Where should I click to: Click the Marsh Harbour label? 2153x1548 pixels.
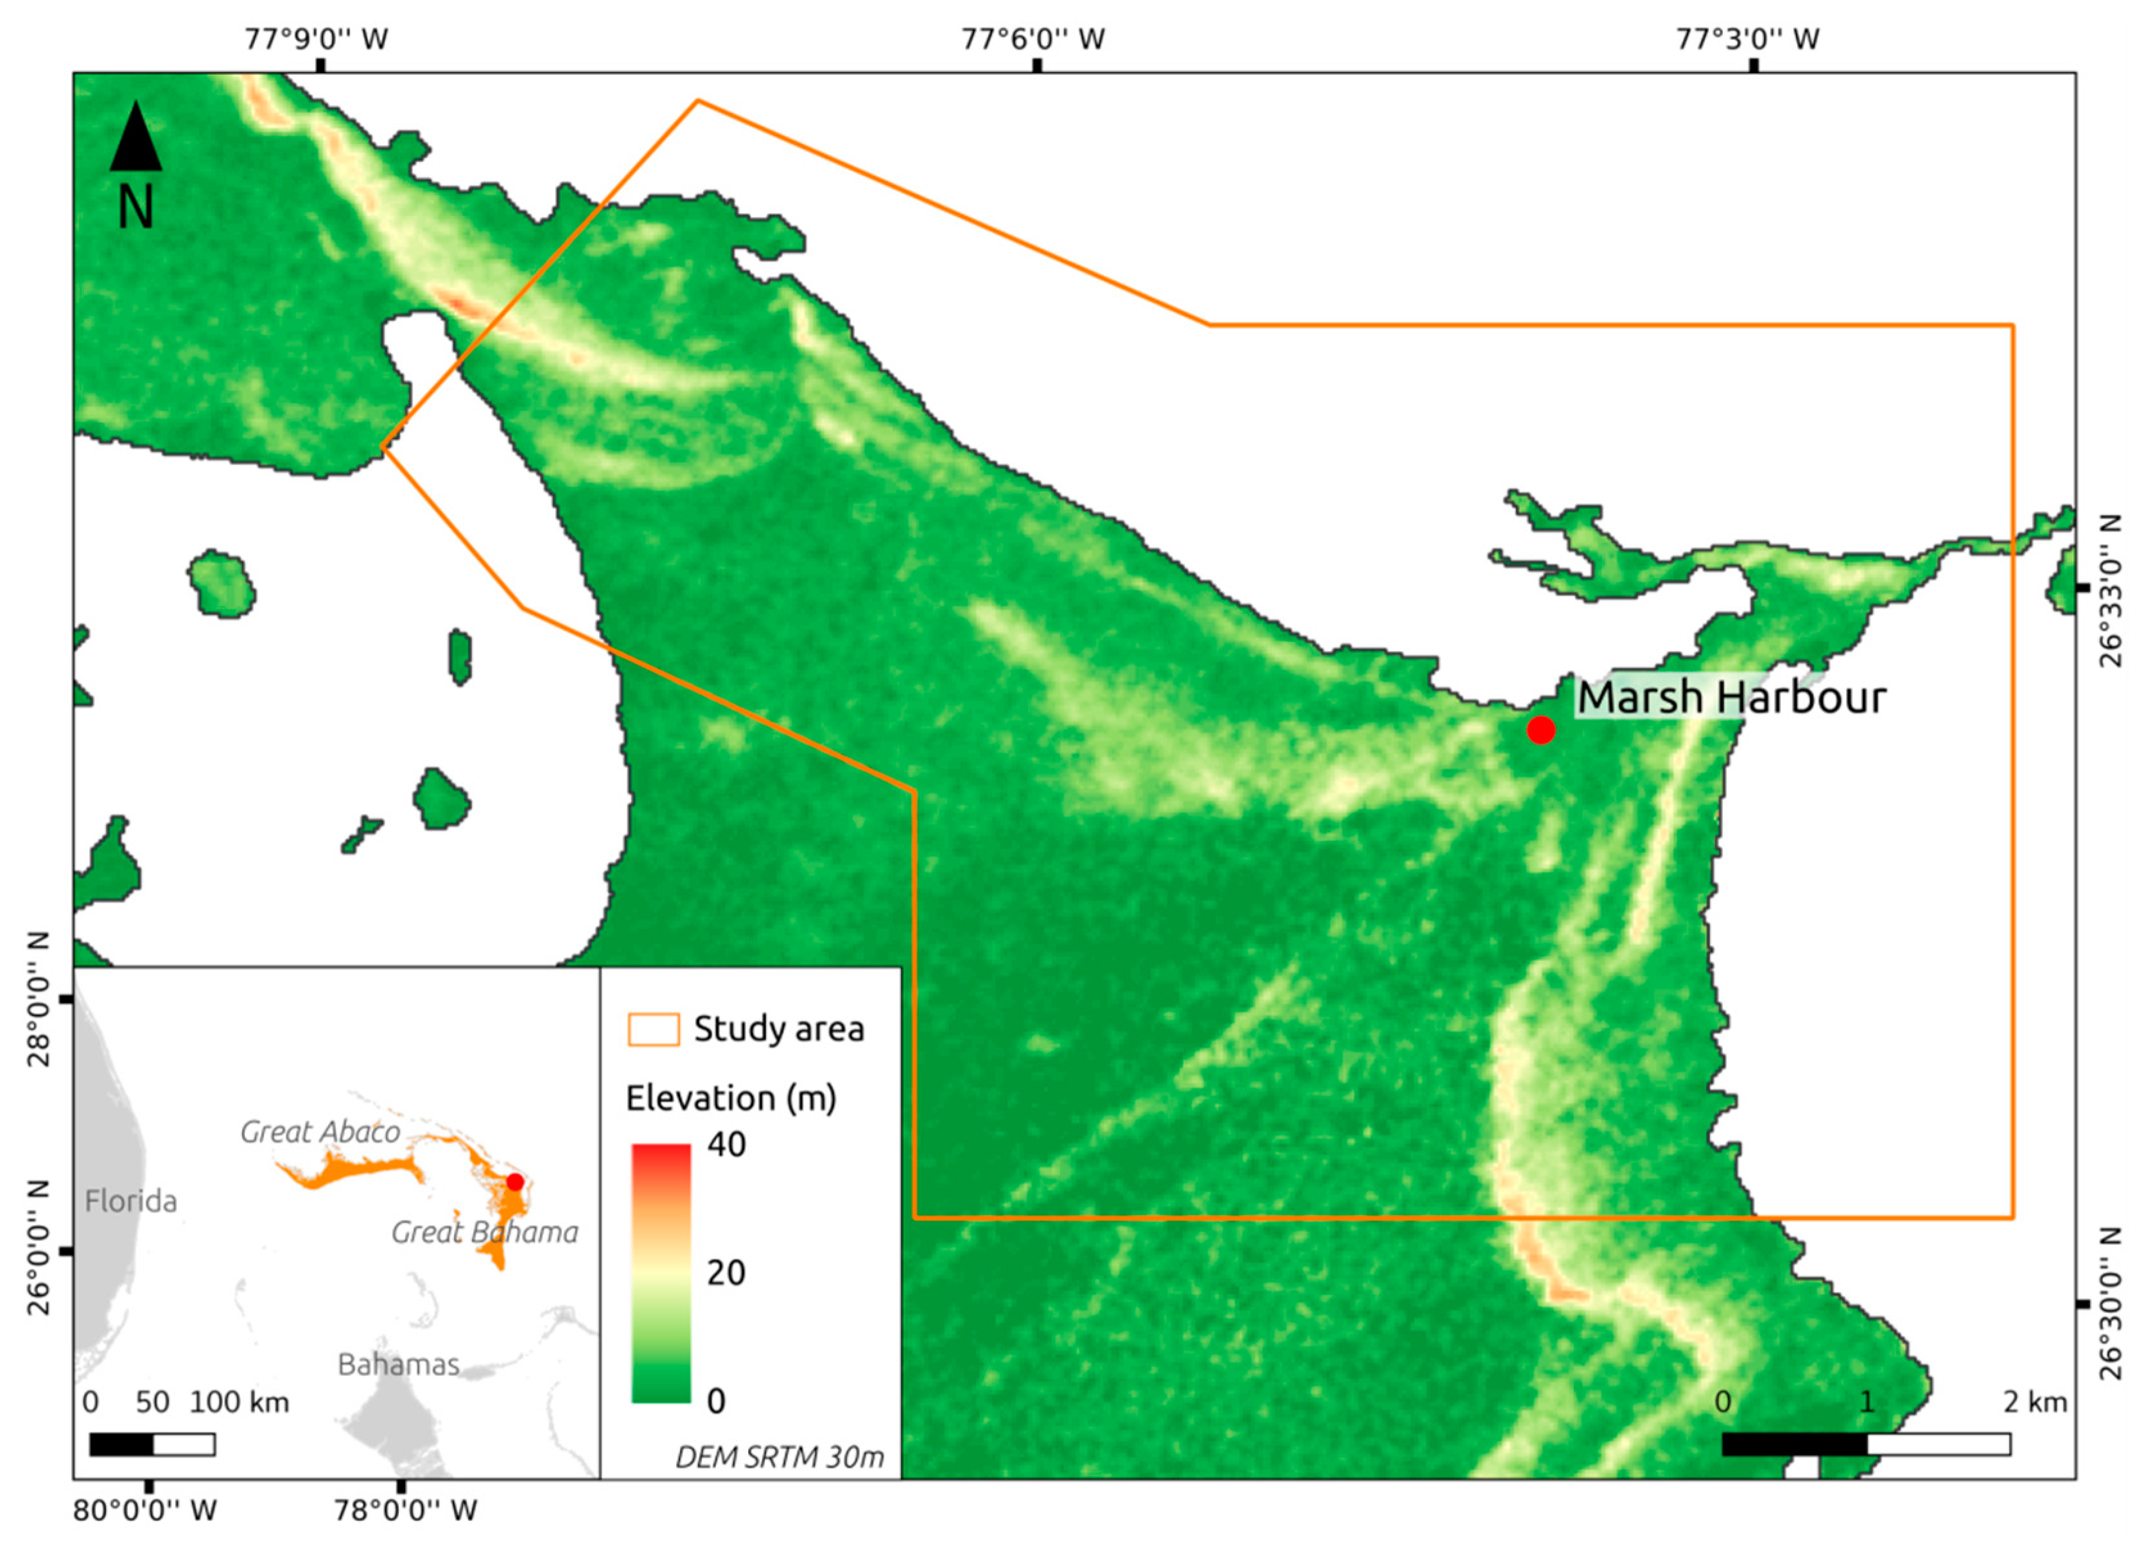(x=1730, y=698)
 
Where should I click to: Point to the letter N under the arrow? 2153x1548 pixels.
(x=135, y=207)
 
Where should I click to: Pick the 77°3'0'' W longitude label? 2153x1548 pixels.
(x=1748, y=39)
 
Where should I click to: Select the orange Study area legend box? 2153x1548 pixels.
(x=653, y=1029)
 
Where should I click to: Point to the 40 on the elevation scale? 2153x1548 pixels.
(x=726, y=1145)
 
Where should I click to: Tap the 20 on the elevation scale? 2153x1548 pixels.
(x=726, y=1273)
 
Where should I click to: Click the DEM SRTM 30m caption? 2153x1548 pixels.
(x=780, y=1456)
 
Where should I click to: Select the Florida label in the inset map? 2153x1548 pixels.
(x=131, y=1201)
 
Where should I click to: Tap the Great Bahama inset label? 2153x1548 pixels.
(x=484, y=1232)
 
